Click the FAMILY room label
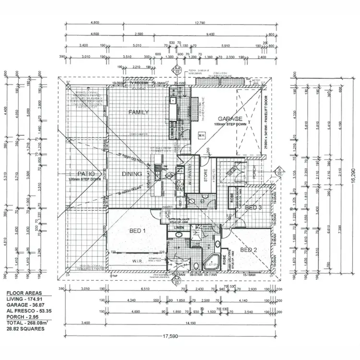pos(138,112)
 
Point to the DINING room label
pos(132,174)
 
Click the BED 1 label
pos(137,231)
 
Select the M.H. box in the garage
pos(202,136)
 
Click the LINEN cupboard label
pos(180,228)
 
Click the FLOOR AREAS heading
pos(23,292)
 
